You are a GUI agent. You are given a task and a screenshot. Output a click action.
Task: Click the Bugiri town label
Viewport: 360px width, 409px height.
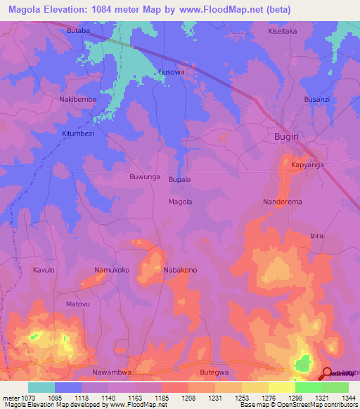[x=288, y=138]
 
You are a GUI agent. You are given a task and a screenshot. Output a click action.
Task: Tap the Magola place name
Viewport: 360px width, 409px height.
[x=180, y=202]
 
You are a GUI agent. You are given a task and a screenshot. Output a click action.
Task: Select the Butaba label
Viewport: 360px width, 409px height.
[x=78, y=32]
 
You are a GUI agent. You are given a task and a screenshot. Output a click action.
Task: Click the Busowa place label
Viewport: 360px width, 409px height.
[x=172, y=72]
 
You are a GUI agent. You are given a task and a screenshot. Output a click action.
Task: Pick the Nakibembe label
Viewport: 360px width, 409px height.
[x=77, y=100]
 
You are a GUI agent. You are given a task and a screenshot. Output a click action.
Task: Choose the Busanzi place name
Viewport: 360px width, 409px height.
[x=316, y=100]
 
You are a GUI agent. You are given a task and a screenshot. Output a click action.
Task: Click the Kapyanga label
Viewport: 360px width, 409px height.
[x=307, y=165]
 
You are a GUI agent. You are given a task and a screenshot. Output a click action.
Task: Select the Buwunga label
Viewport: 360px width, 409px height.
[x=145, y=177]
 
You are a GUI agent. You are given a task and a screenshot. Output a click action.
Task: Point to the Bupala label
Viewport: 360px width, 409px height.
[x=180, y=180]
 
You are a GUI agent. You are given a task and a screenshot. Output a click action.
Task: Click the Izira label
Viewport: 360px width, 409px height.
[x=316, y=236]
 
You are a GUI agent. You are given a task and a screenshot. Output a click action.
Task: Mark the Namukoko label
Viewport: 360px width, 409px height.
[x=112, y=270]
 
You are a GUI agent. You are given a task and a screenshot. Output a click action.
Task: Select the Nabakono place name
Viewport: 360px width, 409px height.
[x=180, y=270]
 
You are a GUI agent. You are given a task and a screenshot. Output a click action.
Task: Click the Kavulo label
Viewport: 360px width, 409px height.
[x=44, y=270]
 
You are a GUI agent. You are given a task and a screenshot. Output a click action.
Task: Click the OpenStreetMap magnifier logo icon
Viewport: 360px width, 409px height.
[x=327, y=372]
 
